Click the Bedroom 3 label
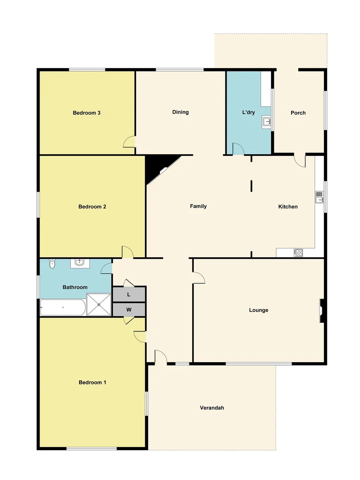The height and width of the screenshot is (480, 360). click(86, 113)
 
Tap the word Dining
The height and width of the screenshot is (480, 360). click(180, 112)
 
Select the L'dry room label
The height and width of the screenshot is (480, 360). click(248, 113)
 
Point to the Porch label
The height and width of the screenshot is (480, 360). click(298, 113)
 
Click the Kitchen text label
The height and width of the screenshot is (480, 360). click(288, 207)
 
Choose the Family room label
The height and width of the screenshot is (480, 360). click(198, 206)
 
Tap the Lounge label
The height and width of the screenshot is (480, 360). click(258, 310)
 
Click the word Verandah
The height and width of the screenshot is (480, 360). click(212, 408)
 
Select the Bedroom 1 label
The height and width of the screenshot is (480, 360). click(92, 382)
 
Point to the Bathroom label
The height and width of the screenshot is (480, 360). click(75, 288)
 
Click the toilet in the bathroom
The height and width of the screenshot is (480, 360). click(52, 264)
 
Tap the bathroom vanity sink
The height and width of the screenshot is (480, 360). click(80, 263)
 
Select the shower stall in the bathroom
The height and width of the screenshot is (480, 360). click(99, 304)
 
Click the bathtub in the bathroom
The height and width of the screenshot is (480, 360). click(63, 308)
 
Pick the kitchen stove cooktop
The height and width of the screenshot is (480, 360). click(298, 253)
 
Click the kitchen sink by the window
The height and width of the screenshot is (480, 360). click(320, 197)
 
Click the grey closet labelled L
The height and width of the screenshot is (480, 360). click(129, 295)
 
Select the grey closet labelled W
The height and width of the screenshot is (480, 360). click(129, 309)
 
